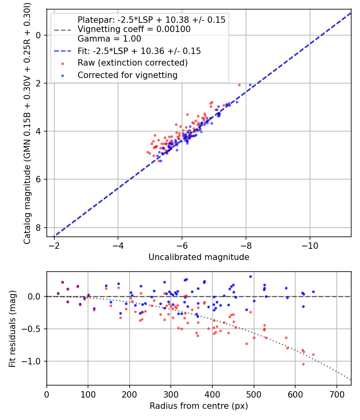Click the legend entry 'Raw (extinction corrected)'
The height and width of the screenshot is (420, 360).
pos(132,63)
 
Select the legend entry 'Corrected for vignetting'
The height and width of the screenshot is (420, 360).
pos(127,75)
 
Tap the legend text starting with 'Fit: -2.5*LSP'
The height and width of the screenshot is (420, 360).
pos(139,51)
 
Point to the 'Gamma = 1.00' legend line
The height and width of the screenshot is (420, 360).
pos(109,39)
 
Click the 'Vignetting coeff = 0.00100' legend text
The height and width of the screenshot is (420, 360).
pos(134,29)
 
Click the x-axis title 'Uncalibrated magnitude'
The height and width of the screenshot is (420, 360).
pos(199,257)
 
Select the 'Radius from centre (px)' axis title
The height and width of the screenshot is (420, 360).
pos(199,406)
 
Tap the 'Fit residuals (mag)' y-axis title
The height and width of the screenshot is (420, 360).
pos(12,329)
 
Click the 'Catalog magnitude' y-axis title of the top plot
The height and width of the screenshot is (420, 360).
pos(27,122)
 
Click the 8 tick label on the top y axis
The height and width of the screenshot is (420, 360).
pos(39,228)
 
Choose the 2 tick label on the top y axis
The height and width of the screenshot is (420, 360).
pos(39,83)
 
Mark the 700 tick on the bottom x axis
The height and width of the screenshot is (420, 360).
pos(336,394)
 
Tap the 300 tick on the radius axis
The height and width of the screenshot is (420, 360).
pos(171,394)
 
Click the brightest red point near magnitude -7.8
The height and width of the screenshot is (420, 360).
pos(239,85)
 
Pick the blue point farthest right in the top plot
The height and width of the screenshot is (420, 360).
pos(250,85)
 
